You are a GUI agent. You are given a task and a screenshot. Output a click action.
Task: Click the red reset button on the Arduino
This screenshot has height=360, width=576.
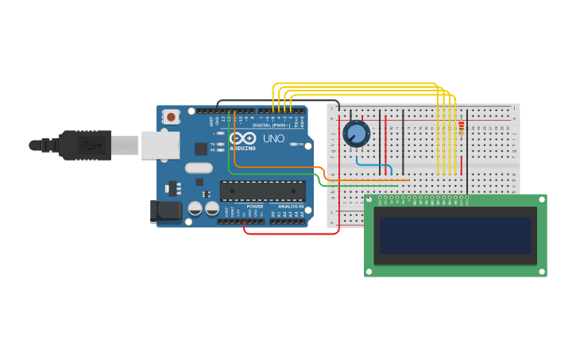171,117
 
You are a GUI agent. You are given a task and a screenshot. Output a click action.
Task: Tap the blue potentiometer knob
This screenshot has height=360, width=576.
356,134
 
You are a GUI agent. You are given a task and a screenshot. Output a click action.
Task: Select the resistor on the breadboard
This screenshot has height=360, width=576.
462,127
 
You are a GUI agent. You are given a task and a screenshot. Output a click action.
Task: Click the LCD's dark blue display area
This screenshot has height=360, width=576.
454,235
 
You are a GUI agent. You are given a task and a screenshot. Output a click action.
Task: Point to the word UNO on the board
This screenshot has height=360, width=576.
273,138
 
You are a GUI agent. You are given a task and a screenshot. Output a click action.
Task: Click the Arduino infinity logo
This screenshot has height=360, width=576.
243,138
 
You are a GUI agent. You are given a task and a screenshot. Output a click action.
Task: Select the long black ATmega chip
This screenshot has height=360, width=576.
263,191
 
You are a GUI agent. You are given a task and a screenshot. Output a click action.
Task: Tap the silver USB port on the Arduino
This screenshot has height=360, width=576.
160,145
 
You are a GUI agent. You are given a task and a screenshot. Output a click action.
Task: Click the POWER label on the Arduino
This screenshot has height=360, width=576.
255,207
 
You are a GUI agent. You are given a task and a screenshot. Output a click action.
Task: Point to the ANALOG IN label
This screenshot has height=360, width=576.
290,207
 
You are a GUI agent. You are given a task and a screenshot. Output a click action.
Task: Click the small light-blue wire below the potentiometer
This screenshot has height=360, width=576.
373,165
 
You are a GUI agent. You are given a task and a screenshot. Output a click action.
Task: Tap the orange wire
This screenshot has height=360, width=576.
278,168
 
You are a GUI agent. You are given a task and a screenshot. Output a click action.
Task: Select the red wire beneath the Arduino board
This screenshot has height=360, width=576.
290,234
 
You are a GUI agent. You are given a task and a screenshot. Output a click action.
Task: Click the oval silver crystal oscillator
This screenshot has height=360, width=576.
199,168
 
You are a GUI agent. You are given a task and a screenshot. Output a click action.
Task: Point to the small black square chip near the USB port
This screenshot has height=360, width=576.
201,149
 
